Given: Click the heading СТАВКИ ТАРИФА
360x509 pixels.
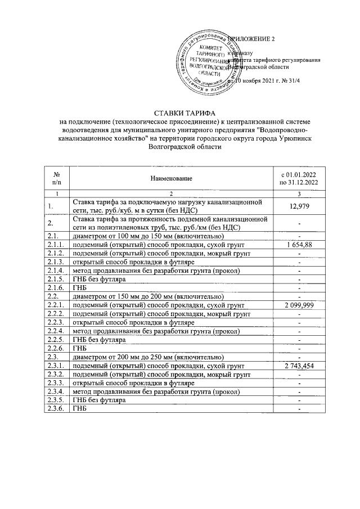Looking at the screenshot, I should click(179, 112).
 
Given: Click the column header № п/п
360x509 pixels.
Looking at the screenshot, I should click(56, 178).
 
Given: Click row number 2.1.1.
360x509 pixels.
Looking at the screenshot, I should click(56, 245).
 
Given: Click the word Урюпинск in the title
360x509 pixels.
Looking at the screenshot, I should click(296, 138).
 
